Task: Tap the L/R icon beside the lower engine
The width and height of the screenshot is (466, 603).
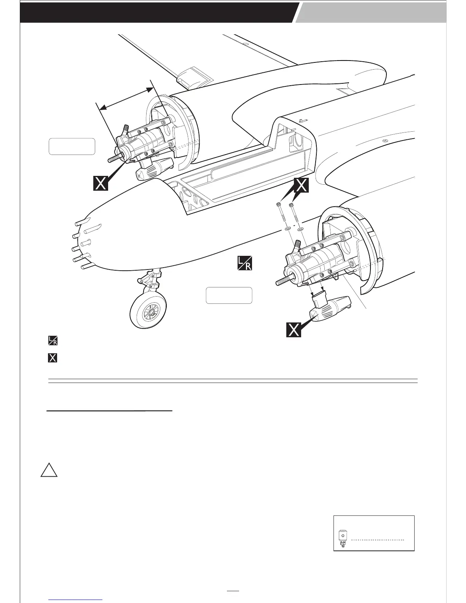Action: click(244, 263)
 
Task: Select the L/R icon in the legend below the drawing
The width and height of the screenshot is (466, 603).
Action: click(53, 340)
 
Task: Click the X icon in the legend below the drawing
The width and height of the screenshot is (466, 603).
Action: click(53, 358)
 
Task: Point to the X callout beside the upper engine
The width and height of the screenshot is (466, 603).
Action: click(101, 183)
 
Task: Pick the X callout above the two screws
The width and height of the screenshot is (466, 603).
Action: click(301, 185)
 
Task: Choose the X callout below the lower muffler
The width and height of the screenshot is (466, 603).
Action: click(294, 330)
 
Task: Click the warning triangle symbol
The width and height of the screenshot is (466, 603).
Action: click(49, 471)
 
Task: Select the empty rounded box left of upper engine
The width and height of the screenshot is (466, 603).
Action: click(72, 147)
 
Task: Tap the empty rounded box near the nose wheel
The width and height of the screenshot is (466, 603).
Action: click(229, 295)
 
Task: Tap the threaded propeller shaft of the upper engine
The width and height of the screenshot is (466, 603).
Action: click(114, 158)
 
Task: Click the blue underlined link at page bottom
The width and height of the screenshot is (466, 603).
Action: click(76, 600)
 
